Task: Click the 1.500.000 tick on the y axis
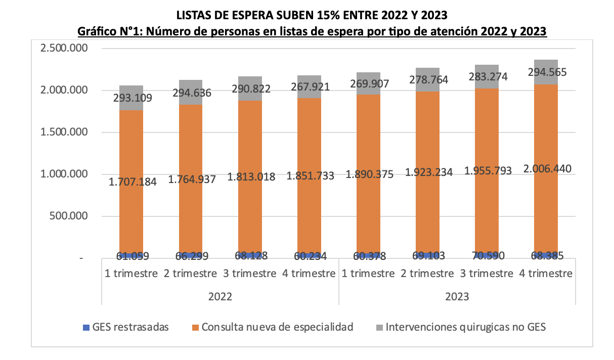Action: [63, 132]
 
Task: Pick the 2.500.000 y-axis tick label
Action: [63, 49]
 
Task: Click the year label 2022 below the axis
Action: [220, 297]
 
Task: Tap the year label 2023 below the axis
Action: [457, 297]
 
